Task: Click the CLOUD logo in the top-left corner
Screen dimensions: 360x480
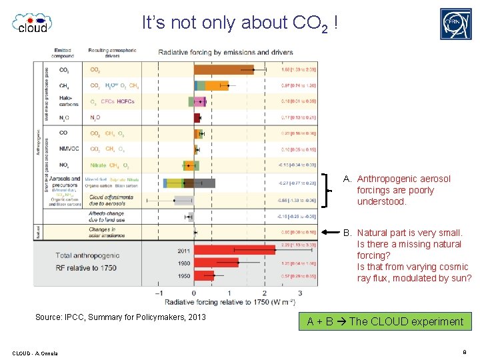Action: [32, 23]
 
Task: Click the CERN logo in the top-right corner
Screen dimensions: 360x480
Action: [455, 24]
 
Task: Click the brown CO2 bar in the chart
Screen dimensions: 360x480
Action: [224, 69]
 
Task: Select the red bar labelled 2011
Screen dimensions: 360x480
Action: [234, 250]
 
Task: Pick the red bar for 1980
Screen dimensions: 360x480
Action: [215, 263]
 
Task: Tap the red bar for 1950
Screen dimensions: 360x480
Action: [204, 275]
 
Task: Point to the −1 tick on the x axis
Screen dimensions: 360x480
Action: [158, 293]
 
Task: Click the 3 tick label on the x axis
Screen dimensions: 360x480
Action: [300, 293]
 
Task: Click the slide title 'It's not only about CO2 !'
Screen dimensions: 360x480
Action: [240, 23]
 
